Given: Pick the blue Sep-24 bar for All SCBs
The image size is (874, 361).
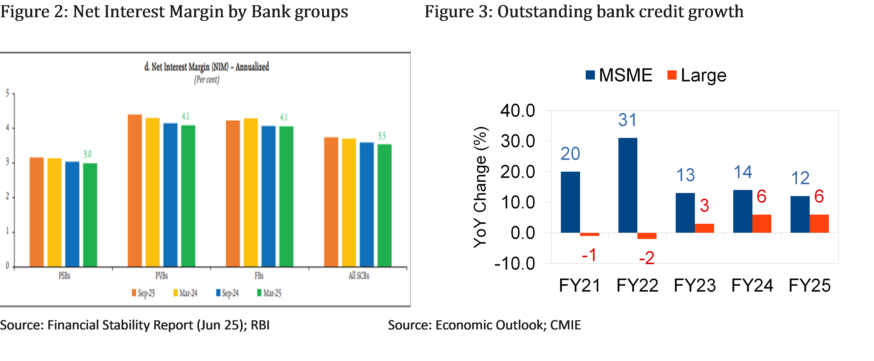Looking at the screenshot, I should [367, 204].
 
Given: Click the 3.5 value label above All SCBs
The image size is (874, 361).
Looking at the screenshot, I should [382, 136].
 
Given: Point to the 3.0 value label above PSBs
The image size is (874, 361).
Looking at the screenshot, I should [88, 154].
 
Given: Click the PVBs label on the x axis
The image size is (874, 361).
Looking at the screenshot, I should [161, 276].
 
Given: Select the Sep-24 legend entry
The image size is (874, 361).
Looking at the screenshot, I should [227, 293].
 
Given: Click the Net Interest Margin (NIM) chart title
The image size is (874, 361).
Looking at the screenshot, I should [207, 67].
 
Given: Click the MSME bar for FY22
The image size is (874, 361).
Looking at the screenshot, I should [628, 185].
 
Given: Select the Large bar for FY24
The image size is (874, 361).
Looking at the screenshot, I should [762, 224].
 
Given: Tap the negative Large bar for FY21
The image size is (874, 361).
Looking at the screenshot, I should [589, 234].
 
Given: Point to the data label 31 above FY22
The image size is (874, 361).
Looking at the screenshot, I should [627, 120].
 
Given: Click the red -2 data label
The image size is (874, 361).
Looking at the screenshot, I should [647, 258].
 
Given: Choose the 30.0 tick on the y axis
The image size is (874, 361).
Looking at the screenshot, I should [518, 141].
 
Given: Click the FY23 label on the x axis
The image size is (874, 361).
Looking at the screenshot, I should [694, 285].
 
